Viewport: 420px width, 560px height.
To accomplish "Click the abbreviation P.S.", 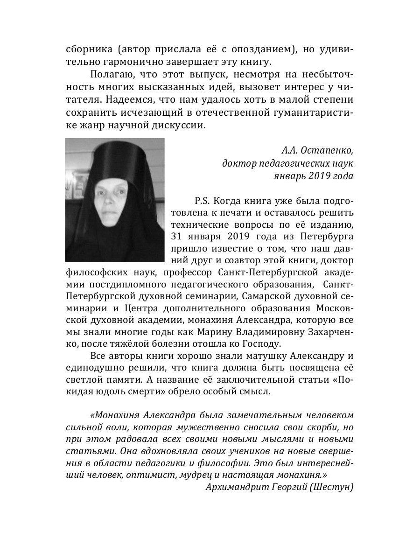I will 203,202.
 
